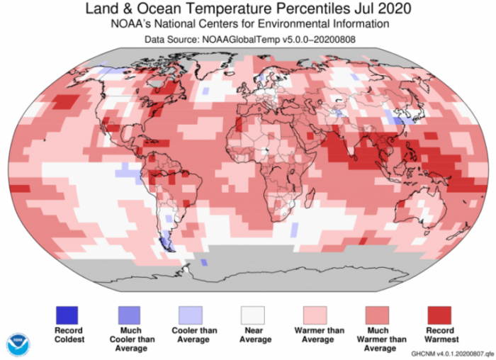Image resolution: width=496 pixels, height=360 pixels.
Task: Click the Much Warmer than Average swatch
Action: [378, 314]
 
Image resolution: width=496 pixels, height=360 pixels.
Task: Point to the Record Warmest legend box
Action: [439, 314]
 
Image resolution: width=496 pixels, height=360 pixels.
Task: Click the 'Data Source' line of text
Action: [247, 40]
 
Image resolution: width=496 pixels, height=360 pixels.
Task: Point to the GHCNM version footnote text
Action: [449, 352]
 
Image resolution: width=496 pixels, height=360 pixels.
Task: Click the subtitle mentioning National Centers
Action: [247, 25]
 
